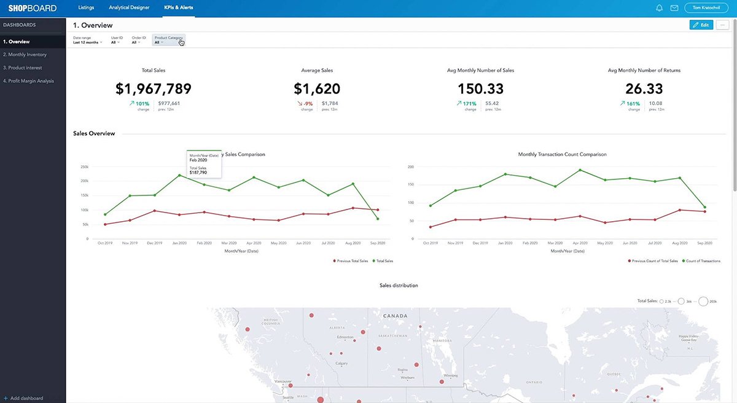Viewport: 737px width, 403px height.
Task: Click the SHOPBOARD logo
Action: pos(33,8)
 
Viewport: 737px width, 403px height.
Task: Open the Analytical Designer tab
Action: pos(129,8)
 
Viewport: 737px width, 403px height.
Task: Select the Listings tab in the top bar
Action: pos(87,8)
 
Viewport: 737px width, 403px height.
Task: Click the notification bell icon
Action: pos(660,8)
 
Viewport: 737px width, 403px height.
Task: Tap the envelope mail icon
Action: pos(674,8)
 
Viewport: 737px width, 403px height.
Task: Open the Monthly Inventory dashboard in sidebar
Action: pos(25,55)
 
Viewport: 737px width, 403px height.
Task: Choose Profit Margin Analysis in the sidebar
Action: pos(28,81)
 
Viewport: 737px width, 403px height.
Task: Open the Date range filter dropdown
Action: pos(87,41)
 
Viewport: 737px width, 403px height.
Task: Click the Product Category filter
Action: pos(168,40)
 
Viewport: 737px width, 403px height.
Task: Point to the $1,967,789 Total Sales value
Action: pos(154,89)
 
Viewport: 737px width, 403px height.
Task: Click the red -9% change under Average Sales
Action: pos(308,104)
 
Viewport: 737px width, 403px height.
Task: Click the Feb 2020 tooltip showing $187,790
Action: pos(205,164)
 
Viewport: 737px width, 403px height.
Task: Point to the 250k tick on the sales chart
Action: pos(85,166)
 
